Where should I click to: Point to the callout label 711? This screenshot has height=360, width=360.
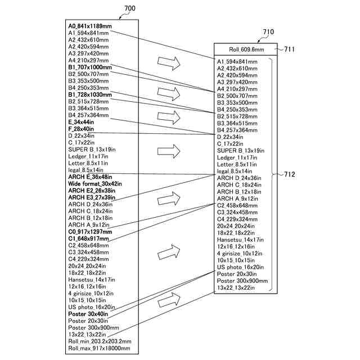click(x=289, y=49)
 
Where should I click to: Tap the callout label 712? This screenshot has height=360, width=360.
click(x=289, y=174)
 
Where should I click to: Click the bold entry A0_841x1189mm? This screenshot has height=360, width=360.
click(x=90, y=26)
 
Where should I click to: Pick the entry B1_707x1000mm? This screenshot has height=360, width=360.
click(x=90, y=67)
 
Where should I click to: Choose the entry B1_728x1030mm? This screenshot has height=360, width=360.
click(x=90, y=95)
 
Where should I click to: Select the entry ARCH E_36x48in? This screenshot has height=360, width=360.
click(x=92, y=177)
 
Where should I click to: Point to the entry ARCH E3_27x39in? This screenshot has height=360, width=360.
click(x=93, y=197)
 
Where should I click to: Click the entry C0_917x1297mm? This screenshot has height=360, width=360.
click(x=90, y=232)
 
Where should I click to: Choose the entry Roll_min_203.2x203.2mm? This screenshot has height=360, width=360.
click(x=100, y=341)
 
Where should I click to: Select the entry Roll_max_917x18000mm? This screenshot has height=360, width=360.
click(x=99, y=348)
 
